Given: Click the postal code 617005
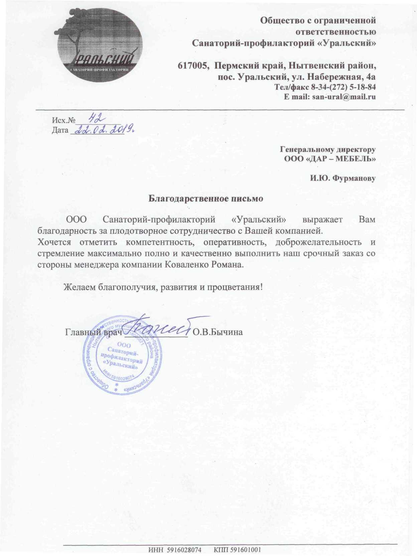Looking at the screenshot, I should [x=191, y=66].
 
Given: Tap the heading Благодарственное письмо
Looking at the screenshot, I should [x=206, y=199].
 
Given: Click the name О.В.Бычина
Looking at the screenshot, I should [x=218, y=332].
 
